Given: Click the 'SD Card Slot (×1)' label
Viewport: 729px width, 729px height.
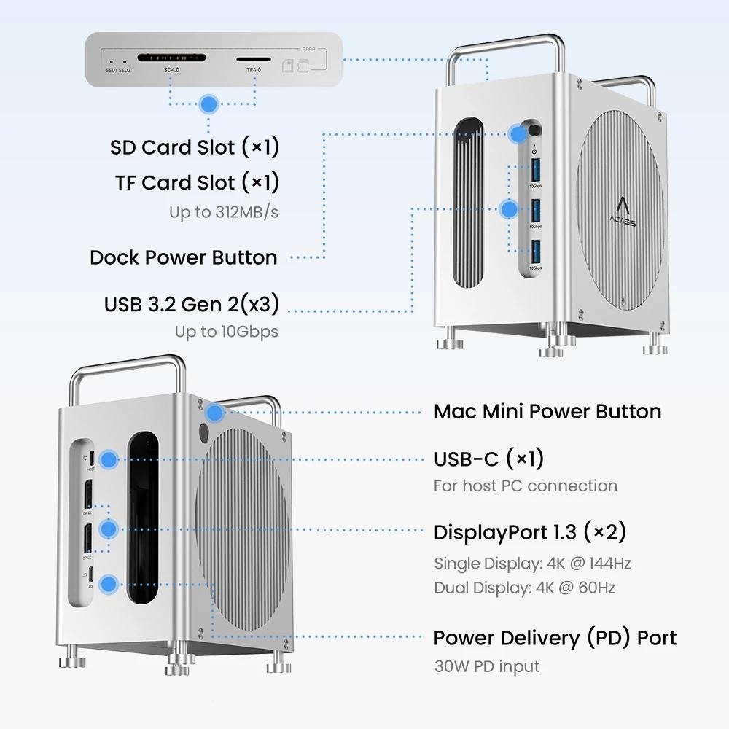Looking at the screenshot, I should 195,147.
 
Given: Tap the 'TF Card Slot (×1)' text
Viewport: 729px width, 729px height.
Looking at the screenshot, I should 197,182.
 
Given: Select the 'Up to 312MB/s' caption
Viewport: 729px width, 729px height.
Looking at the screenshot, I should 224,212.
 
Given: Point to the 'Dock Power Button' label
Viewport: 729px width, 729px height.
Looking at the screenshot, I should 183,257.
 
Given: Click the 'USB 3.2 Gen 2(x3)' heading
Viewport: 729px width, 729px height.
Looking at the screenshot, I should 191,304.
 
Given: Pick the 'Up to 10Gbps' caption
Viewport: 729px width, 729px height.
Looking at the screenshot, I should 226,332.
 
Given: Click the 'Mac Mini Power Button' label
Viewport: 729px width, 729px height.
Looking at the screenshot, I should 547,411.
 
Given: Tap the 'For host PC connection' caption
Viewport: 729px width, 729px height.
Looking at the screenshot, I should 525,486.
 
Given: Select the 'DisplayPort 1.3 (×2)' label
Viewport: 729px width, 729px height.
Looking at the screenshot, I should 530,532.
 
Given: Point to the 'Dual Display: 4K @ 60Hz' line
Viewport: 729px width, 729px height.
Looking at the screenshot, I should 524,588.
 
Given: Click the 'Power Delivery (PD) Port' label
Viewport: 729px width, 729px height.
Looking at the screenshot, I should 555,638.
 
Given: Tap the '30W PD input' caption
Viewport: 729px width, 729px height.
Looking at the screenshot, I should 486,666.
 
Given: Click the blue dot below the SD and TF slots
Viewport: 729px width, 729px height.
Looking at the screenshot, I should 209,104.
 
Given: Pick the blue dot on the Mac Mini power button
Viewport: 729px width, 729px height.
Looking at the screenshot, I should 214,413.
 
